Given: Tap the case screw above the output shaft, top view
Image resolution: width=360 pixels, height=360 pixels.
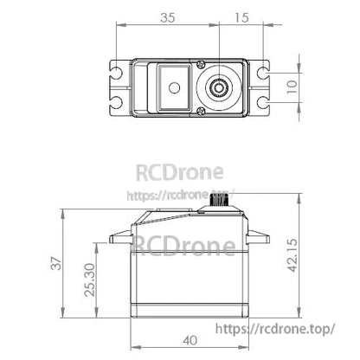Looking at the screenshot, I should pos(201,63).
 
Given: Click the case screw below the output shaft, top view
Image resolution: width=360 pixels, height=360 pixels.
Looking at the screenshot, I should pos(201,112).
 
